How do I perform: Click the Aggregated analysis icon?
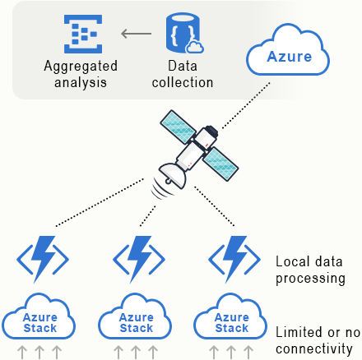coord(83,34)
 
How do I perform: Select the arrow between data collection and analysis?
coord(137,34)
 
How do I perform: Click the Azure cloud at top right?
coord(288,50)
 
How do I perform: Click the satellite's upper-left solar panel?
coord(178,127)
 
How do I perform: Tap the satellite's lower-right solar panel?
coord(220,164)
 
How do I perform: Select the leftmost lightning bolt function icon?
coord(43,259)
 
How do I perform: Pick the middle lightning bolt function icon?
coord(139,259)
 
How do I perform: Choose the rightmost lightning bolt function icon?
coord(234,259)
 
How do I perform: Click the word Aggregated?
coord(81,67)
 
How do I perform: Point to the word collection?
coord(183,82)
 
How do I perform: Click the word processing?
coord(310,279)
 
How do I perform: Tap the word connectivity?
coord(314,348)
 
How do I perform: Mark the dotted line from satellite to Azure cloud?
coord(246,105)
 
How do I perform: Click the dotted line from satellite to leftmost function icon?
coord(100,203)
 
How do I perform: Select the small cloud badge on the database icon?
coord(195,47)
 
